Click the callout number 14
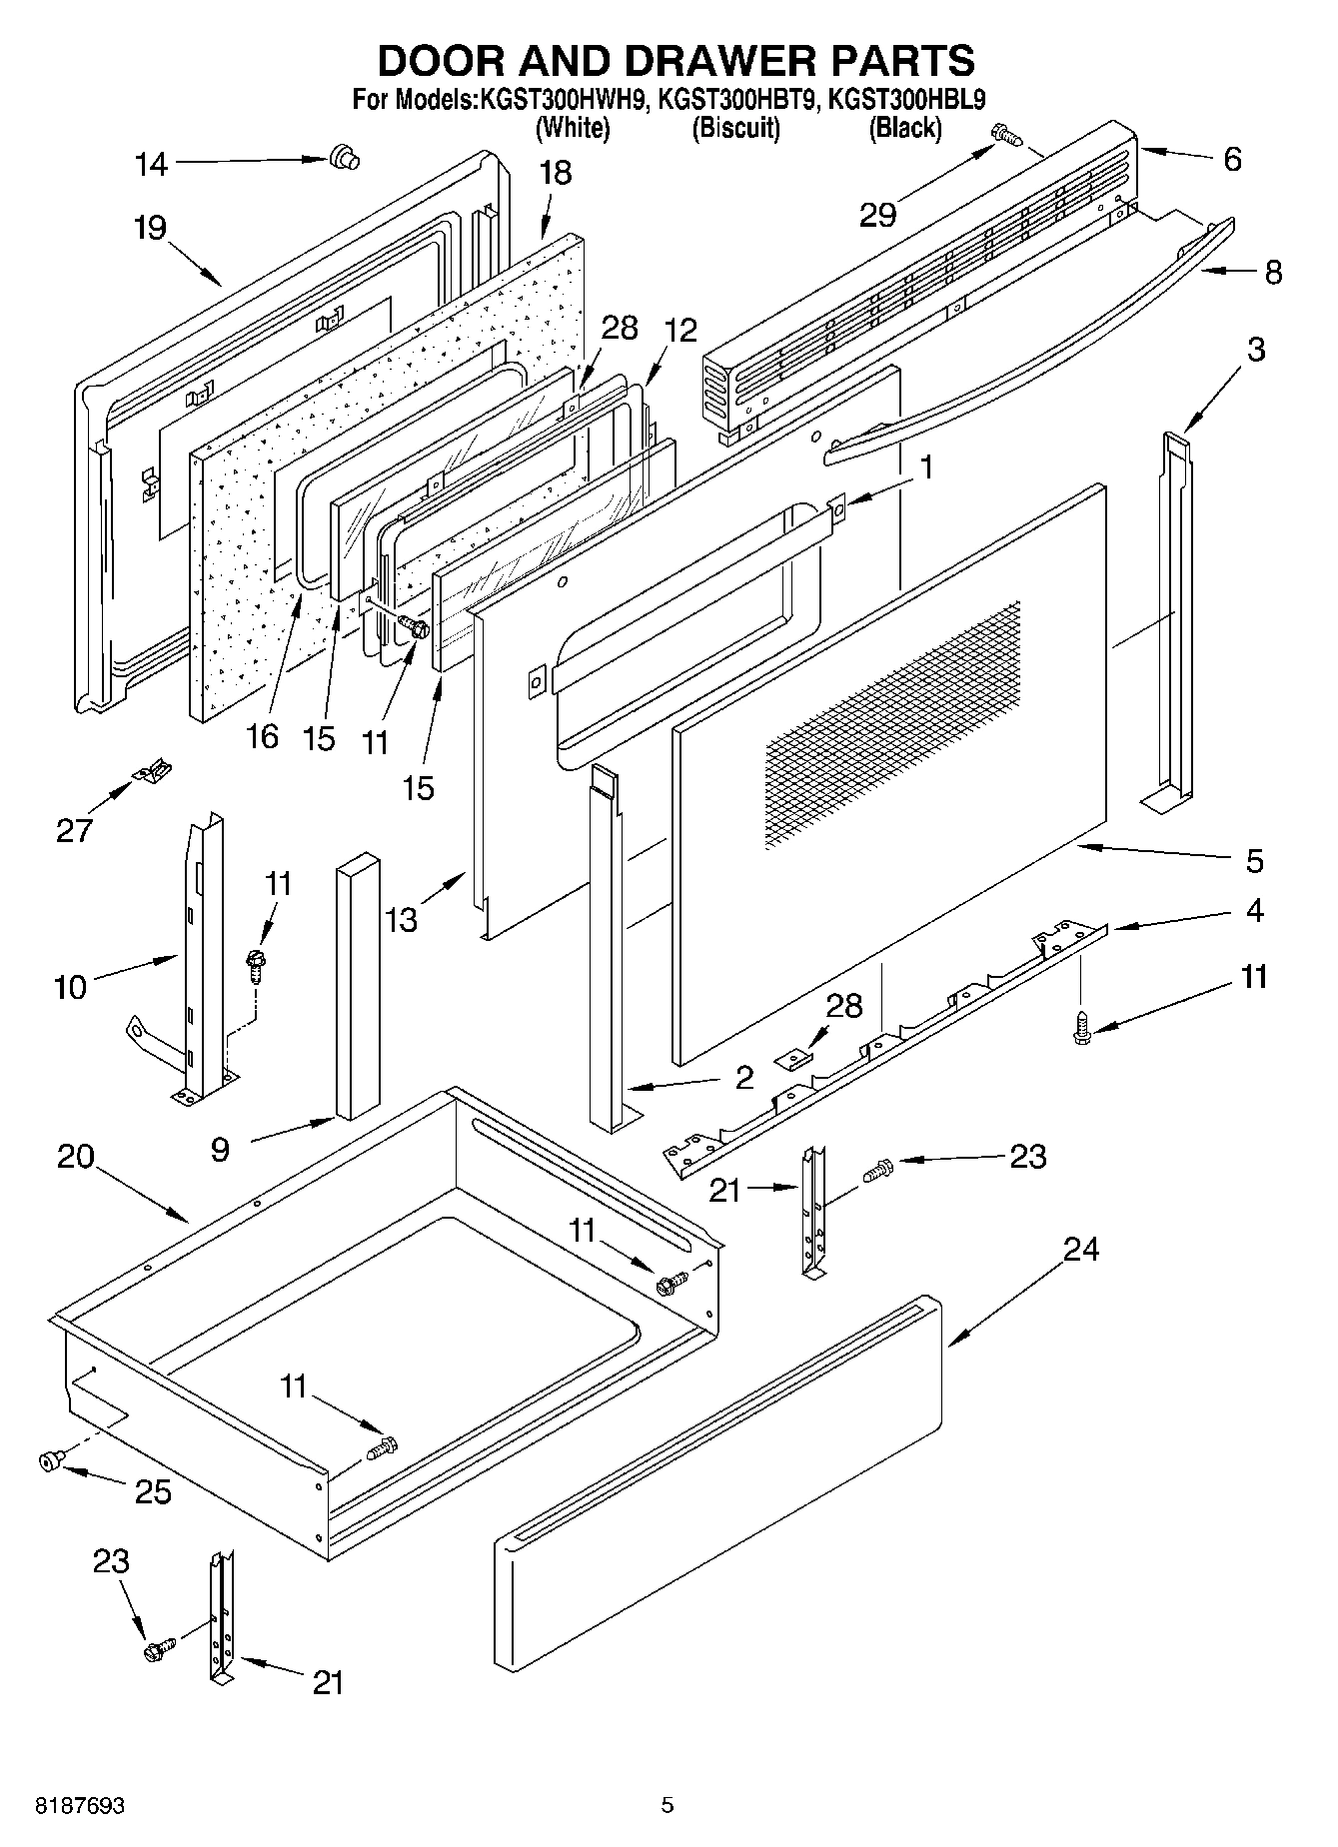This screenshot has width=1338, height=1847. (152, 164)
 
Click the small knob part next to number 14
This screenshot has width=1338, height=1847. (345, 157)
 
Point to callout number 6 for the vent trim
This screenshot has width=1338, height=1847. (1232, 159)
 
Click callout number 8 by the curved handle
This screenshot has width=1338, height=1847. (1273, 273)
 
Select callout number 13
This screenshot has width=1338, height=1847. (401, 919)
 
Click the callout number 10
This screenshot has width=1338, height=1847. (71, 987)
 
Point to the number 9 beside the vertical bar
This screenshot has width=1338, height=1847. (220, 1150)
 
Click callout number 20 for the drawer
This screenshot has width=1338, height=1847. (76, 1157)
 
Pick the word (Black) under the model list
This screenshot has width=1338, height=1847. (904, 128)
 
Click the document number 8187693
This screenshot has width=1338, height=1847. (80, 1805)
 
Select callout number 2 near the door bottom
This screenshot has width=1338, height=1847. (742, 1077)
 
